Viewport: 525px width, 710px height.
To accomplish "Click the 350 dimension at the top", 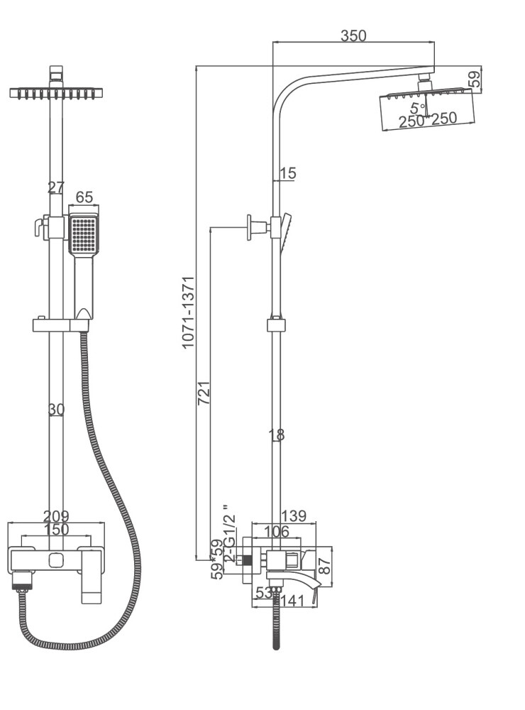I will click(353, 35).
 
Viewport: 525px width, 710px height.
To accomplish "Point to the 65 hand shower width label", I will click(84, 197).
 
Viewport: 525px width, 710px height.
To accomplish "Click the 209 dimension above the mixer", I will click(56, 517).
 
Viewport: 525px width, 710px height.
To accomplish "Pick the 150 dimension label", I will click(56, 530).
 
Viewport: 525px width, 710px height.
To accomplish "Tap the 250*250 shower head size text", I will click(427, 120).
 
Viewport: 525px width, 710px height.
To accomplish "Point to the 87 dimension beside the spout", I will click(324, 566).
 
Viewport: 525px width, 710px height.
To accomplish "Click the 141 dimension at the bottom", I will click(292, 601).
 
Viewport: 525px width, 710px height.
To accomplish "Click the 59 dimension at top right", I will click(475, 77).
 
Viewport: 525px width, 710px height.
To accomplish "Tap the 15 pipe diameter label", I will click(287, 173).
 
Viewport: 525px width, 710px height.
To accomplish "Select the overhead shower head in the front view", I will click(57, 92).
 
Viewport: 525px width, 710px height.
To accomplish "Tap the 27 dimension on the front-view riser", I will click(55, 187).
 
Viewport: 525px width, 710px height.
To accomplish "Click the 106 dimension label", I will click(277, 531).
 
